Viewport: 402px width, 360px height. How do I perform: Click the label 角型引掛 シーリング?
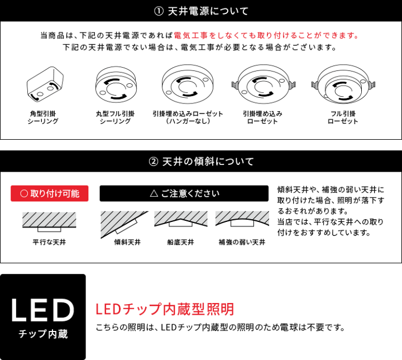(43, 117)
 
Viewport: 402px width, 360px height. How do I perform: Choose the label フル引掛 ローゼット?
(342, 117)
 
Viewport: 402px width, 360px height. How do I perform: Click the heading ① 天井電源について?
(201, 11)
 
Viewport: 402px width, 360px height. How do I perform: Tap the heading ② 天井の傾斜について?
(201, 162)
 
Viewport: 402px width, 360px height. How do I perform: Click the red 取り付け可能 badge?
(50, 193)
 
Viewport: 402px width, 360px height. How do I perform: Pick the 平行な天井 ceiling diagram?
(49, 222)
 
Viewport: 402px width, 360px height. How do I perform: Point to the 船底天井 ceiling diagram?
(180, 221)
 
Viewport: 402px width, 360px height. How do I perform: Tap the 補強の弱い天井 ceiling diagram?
(241, 221)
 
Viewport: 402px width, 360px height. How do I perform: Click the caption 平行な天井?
(49, 242)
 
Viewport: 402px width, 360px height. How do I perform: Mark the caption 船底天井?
(180, 242)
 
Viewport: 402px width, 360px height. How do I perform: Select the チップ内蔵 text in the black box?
(43, 334)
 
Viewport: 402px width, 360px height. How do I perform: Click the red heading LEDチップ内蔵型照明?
(165, 309)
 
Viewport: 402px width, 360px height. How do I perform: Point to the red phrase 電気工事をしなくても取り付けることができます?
(266, 35)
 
